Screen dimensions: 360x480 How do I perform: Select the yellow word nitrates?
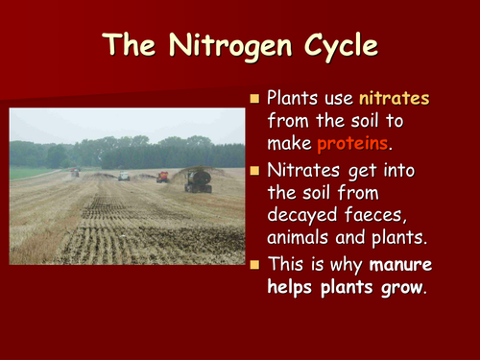pos(395,98)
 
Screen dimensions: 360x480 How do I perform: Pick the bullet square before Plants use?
pos(254,99)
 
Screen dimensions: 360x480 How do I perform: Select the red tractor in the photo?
pos(163,177)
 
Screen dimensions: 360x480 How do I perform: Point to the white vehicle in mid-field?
pos(124,177)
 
